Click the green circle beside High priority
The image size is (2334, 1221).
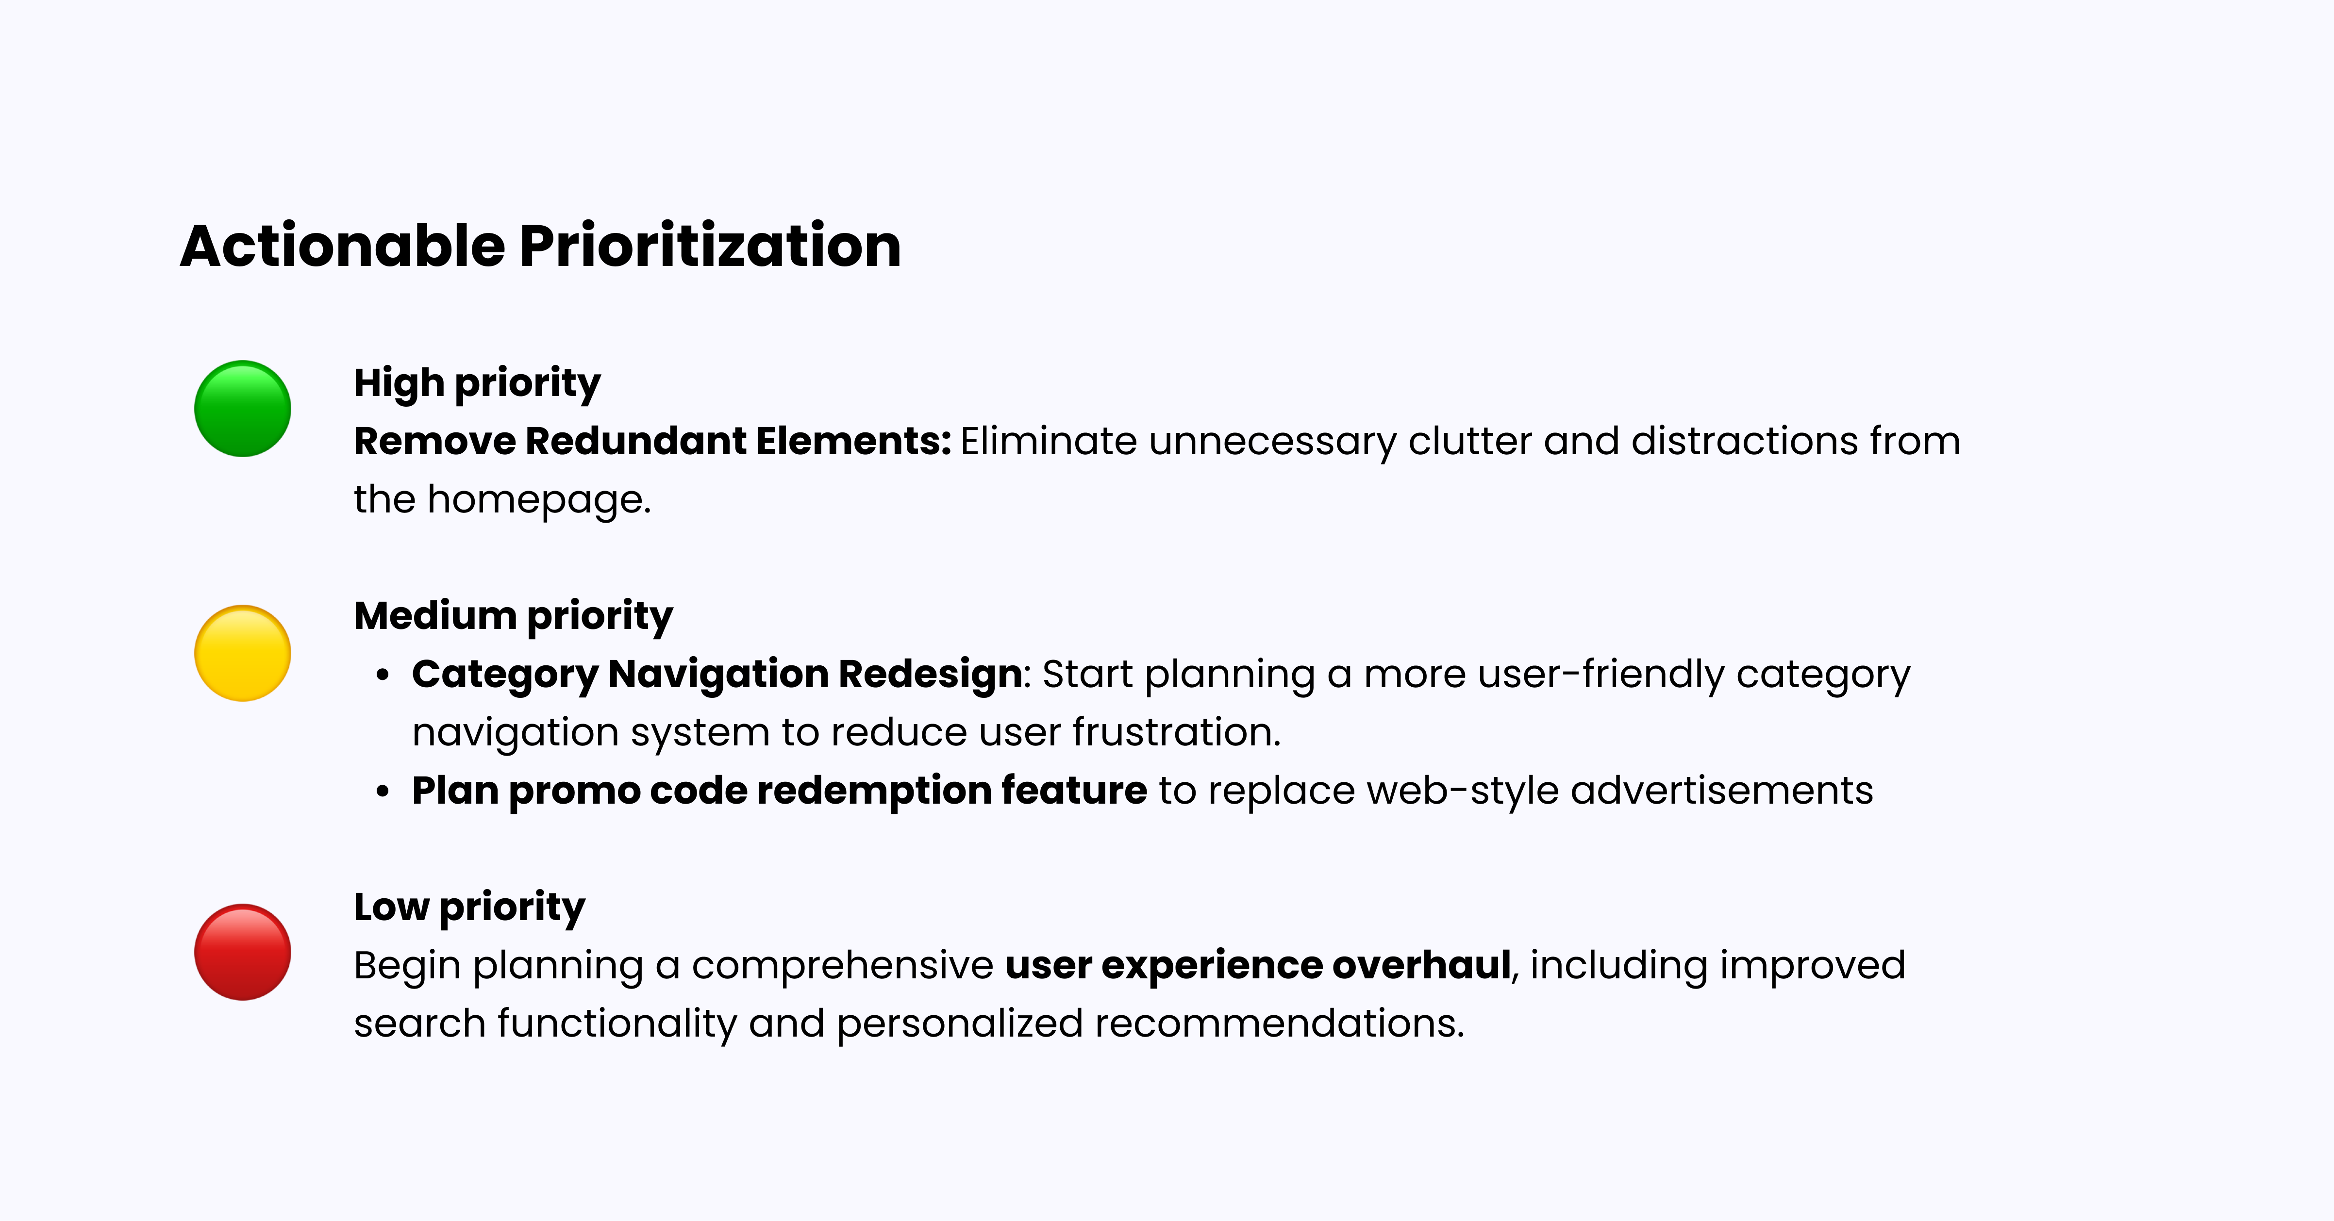243,409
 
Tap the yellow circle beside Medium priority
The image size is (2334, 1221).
243,653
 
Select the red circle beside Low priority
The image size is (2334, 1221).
243,952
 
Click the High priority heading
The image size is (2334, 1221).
477,383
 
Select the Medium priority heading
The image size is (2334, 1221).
513,616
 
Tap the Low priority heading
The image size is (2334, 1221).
469,907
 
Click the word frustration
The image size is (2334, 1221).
1176,732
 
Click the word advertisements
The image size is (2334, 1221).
1721,791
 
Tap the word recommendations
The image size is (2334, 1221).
1279,1023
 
